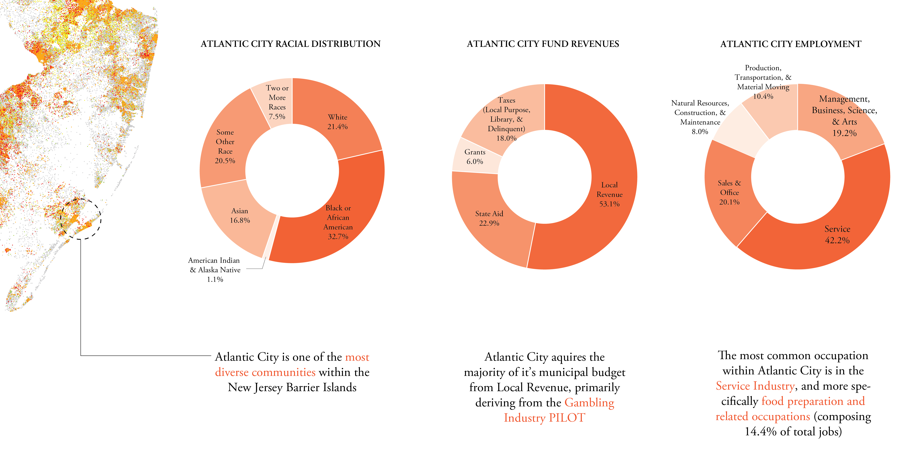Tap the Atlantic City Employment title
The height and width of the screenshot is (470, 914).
pos(791,44)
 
